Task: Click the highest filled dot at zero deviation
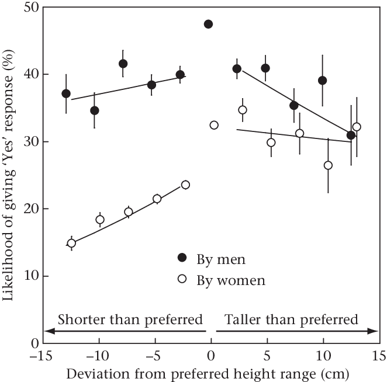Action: point(208,24)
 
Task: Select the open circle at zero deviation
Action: point(214,125)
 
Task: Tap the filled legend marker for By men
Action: point(182,257)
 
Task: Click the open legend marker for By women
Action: point(182,279)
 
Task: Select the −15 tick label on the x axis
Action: point(40,355)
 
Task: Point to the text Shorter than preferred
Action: point(130,320)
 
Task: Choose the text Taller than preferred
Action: point(291,320)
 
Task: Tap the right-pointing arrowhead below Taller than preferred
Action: point(374,331)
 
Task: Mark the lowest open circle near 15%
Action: point(71,243)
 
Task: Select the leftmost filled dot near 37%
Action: point(66,93)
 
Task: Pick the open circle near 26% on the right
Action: point(328,165)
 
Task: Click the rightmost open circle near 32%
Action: point(357,127)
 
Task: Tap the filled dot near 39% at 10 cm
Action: point(322,81)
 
